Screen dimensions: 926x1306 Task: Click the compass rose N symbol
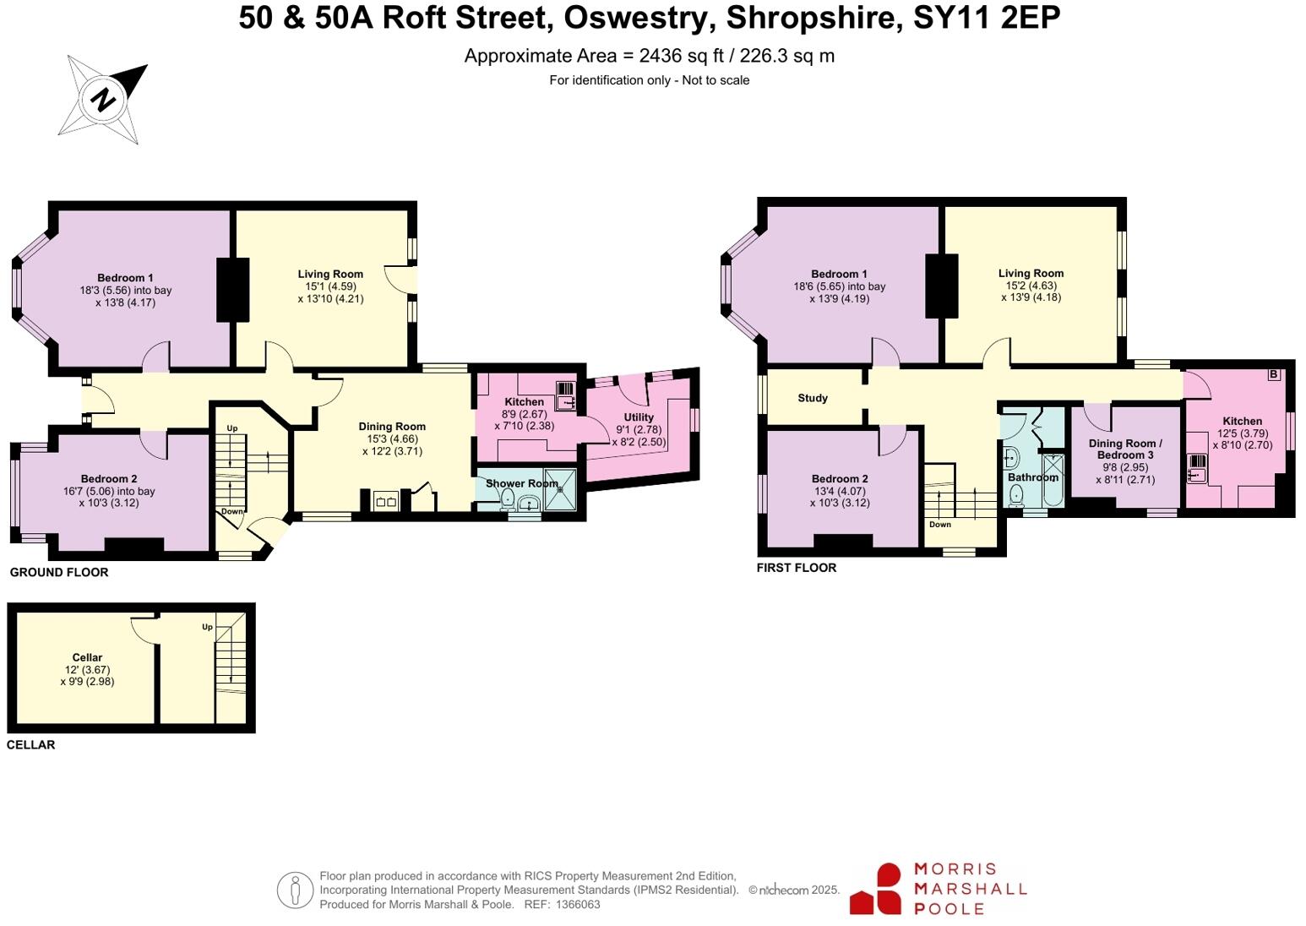103,101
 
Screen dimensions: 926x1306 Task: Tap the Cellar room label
87,657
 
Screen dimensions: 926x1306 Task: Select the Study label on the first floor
813,398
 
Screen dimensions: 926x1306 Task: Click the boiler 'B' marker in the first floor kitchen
1273,374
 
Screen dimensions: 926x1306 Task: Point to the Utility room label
639,417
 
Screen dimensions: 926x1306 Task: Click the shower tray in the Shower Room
559,490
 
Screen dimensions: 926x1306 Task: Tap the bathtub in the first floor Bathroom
1053,480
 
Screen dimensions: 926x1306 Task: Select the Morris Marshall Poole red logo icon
877,889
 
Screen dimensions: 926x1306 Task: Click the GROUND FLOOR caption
59,573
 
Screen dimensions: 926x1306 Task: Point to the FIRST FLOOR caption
797,568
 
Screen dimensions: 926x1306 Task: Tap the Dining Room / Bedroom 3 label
1124,449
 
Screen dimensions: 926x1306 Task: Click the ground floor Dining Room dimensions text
391,445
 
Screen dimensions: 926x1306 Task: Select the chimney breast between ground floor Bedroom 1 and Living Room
233,289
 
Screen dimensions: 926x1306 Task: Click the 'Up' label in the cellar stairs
207,627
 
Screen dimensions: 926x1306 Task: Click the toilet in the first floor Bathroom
1016,494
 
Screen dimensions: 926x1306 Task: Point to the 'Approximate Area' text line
649,56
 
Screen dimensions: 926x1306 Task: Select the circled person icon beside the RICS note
294,890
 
